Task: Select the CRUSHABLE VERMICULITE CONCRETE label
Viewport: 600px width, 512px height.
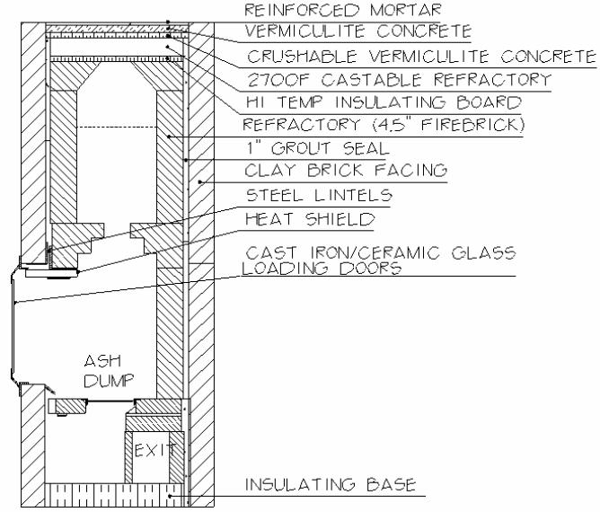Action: point(421,57)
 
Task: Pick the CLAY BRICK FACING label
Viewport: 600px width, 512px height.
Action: point(346,170)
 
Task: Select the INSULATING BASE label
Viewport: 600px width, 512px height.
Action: point(331,485)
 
